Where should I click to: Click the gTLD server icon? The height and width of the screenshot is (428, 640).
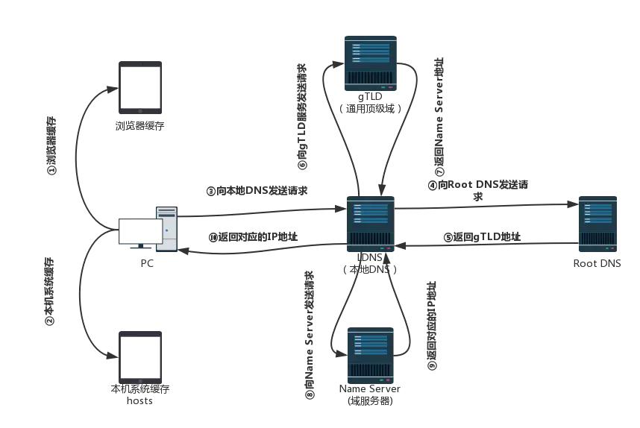click(x=370, y=63)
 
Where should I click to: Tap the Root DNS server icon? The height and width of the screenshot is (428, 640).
click(x=597, y=224)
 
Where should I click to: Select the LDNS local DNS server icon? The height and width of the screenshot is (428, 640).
click(x=371, y=224)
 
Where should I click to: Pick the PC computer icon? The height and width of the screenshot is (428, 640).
click(x=148, y=229)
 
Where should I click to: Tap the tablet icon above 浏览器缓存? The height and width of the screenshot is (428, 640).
click(x=140, y=88)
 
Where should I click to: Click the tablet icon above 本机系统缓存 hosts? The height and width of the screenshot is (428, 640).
click(x=140, y=356)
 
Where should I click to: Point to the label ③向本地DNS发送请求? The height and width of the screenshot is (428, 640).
click(x=257, y=190)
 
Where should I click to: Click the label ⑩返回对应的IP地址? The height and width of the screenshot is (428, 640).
click(x=253, y=237)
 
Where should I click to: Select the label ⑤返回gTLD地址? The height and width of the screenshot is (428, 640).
click(x=482, y=237)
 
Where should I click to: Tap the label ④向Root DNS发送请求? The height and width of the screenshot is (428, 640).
click(x=477, y=189)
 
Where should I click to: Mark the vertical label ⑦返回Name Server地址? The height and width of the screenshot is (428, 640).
click(x=439, y=116)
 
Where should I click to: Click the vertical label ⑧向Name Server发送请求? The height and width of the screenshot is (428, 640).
click(x=309, y=336)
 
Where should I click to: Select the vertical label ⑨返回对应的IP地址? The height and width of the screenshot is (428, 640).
click(x=432, y=326)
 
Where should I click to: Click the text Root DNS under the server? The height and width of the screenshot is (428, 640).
click(x=597, y=263)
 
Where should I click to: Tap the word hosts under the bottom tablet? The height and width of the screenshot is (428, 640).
click(x=139, y=400)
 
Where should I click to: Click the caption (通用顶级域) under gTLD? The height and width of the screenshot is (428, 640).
click(x=371, y=108)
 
